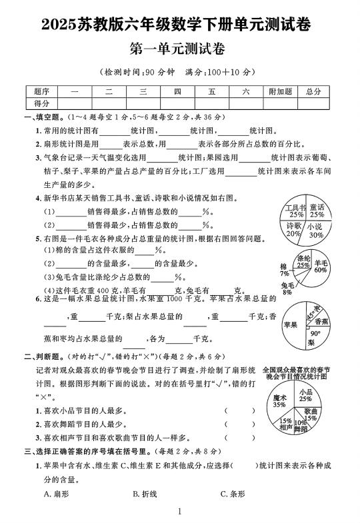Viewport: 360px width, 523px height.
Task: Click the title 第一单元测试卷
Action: pos(179,49)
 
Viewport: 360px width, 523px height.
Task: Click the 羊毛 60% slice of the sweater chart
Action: pos(320,266)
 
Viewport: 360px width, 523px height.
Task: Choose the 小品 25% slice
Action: pos(306,395)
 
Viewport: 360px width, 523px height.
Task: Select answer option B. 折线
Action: pos(145,494)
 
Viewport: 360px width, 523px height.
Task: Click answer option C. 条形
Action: pos(233,494)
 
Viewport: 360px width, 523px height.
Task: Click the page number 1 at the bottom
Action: pos(180,512)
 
